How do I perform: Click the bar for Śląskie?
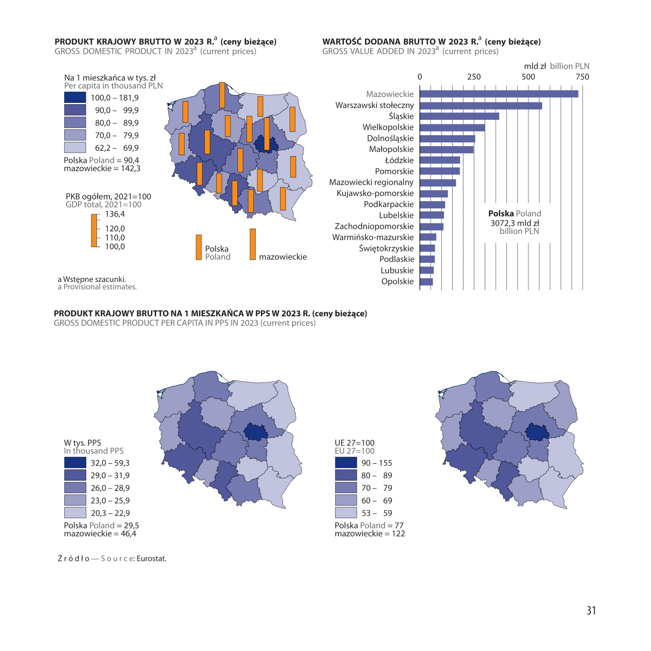point(459,116)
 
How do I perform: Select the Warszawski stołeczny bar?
point(481,106)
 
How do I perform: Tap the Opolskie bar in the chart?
point(427,282)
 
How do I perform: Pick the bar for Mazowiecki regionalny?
point(438,183)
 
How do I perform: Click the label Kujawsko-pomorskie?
point(375,193)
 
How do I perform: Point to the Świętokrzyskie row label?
point(386,248)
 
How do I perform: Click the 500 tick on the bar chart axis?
point(528,77)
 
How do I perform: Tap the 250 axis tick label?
point(474,77)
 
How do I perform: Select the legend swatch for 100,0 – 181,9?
point(75,97)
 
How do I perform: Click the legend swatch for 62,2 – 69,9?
point(75,147)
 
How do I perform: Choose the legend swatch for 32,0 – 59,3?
point(75,462)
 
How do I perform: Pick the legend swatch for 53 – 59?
point(346,512)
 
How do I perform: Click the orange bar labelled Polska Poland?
point(199,247)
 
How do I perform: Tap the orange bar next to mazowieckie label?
point(253,244)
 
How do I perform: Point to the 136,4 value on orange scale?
point(115,214)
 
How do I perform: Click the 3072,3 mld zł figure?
point(515,223)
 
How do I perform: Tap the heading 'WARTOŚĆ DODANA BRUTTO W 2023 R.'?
point(400,41)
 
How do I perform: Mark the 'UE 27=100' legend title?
point(354,443)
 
